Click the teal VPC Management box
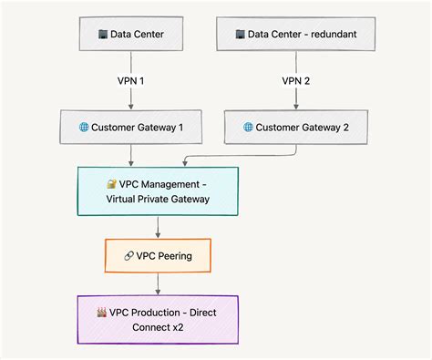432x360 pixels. pos(159,190)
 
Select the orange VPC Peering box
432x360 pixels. pos(159,255)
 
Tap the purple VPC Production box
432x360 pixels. pos(159,319)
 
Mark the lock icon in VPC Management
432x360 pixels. pos(111,183)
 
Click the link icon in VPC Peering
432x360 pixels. pos(129,255)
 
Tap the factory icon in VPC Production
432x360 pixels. pos(102,312)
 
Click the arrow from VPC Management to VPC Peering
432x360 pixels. pos(159,228)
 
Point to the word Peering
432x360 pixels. pos(174,255)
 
